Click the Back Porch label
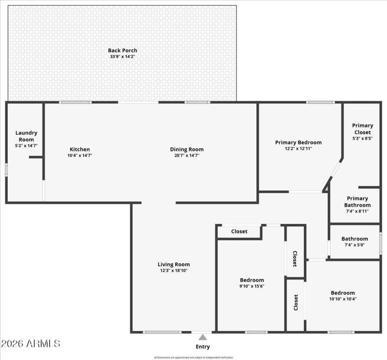click(122, 50)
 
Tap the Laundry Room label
click(26, 136)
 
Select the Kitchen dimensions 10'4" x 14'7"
click(79, 156)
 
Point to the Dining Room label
click(186, 149)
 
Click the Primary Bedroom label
click(298, 142)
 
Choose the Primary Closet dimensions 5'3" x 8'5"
click(362, 138)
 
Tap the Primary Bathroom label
click(357, 202)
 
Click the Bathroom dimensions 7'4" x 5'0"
click(354, 245)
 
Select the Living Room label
click(174, 264)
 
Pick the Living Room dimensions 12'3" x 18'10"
click(174, 271)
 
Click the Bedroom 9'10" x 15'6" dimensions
click(252, 286)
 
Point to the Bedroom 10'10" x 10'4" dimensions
click(342, 299)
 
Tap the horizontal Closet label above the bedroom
click(239, 231)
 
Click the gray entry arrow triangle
click(203, 337)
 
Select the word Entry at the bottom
click(203, 346)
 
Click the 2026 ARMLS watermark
click(30, 344)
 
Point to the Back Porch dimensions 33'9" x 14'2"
click(122, 57)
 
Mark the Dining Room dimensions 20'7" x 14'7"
click(186, 156)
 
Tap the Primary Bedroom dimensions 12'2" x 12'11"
click(298, 148)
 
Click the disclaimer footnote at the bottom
click(193, 358)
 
